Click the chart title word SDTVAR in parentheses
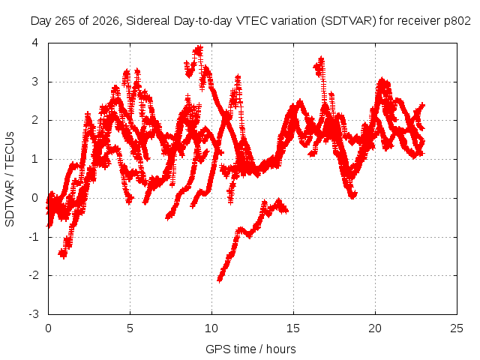(x=348, y=21)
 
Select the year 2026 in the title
(x=106, y=21)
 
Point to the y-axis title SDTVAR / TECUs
(x=10, y=179)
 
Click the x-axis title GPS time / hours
(x=250, y=349)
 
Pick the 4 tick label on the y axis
(x=35, y=43)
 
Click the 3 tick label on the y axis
(x=35, y=82)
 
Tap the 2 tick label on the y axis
(x=35, y=120)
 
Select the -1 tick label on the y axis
(x=34, y=237)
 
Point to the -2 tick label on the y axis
(x=34, y=275)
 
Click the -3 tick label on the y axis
(x=34, y=314)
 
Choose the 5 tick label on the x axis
(x=130, y=328)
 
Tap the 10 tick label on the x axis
(x=211, y=328)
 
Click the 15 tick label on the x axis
(x=293, y=328)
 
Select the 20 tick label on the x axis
(x=375, y=328)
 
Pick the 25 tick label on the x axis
(x=457, y=328)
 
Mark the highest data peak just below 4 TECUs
(x=199, y=49)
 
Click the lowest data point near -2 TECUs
(x=220, y=279)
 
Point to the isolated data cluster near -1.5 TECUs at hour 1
(x=63, y=253)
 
